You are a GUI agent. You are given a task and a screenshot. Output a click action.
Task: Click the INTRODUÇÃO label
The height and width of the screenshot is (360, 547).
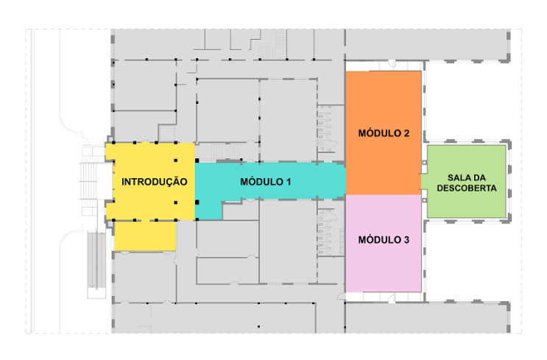point(154,182)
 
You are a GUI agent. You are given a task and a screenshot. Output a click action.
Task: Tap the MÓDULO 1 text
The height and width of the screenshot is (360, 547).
point(266,181)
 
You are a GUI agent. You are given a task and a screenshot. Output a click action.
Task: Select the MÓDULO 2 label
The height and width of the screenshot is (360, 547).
point(384,133)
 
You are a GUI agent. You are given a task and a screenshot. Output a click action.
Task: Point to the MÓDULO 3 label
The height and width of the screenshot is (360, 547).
point(384,240)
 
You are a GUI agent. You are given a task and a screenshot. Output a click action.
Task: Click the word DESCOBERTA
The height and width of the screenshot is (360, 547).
point(466,188)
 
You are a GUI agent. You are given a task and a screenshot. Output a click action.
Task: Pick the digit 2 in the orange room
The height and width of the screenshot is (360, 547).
point(406,133)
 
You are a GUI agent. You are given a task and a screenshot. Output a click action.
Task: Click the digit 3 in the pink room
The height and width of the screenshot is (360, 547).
point(406,240)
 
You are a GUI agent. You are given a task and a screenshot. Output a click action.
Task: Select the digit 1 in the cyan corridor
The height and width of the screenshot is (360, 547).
point(289,181)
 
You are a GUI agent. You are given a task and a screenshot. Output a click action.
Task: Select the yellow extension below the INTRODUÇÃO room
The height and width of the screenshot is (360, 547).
point(145,235)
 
